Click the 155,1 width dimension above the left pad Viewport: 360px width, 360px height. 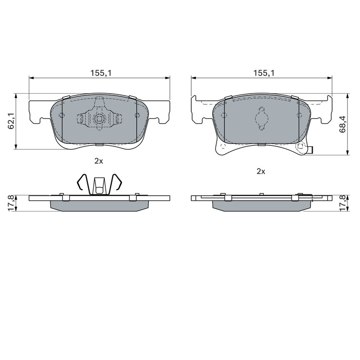click(x=101, y=73)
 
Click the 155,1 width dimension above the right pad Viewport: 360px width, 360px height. click(x=264, y=73)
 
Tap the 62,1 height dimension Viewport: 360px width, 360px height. click(x=11, y=121)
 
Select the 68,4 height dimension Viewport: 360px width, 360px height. click(x=343, y=124)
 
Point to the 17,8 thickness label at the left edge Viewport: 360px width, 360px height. click(x=11, y=203)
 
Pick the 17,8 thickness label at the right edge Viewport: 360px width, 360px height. click(x=343, y=203)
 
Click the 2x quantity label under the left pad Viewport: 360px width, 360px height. click(x=99, y=161)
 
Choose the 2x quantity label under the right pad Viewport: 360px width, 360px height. click(x=261, y=171)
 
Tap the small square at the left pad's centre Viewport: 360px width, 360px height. click(x=99, y=119)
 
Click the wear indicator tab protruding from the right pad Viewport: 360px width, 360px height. click(x=311, y=150)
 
